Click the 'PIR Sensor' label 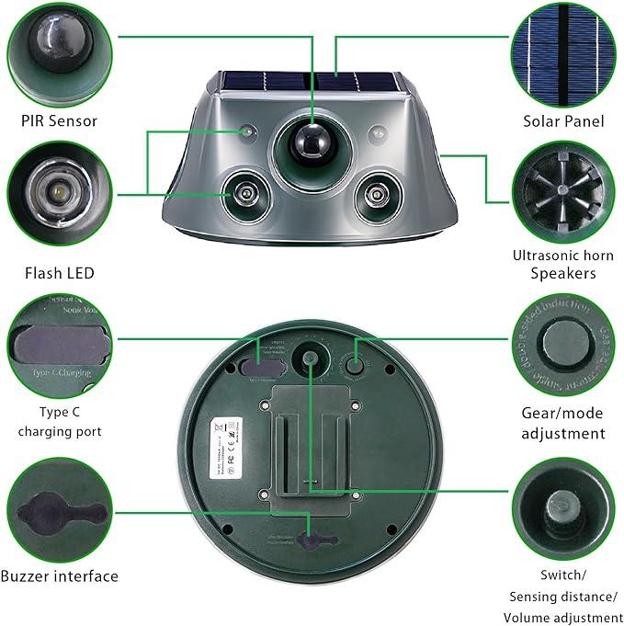pos(60,120)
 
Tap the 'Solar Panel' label pos(563,120)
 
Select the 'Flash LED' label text pos(60,273)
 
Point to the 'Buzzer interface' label pos(60,576)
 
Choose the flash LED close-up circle pos(59,192)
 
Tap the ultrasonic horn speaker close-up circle pos(563,192)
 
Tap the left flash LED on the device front pos(245,193)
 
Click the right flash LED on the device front pos(375,193)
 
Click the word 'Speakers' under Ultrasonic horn pos(563,273)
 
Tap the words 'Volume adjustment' pos(563,617)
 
